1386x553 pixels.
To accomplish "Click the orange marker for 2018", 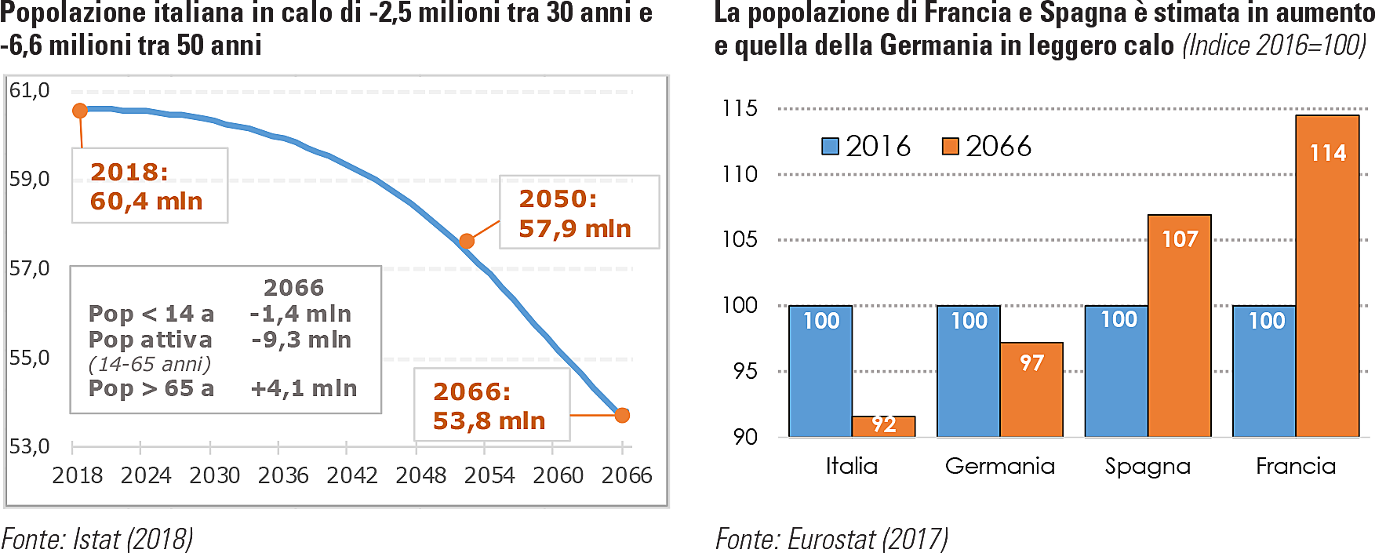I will click(80, 111).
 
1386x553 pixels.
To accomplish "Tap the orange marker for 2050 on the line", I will click(467, 241).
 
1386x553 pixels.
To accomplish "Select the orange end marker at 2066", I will click(622, 415).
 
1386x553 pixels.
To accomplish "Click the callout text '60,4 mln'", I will click(147, 202).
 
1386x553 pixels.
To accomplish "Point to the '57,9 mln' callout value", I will click(575, 229).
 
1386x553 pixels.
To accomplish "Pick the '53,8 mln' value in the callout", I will click(489, 421).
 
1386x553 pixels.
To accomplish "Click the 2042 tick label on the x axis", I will click(352, 475).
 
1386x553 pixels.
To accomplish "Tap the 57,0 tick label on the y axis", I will click(29, 269).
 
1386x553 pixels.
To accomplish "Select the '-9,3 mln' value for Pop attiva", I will click(301, 340).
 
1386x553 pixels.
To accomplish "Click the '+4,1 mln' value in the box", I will click(304, 388).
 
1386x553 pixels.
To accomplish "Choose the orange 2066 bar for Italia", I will click(884, 426).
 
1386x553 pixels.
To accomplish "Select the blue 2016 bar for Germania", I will click(969, 371).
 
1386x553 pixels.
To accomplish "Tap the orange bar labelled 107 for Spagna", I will click(1180, 326).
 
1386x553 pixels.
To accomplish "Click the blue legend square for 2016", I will click(830, 147).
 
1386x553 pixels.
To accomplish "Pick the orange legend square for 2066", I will click(950, 147).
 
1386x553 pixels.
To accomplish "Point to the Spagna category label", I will click(1148, 466).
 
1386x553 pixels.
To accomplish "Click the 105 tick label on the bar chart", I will click(740, 239).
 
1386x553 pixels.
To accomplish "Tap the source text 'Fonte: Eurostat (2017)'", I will click(831, 539).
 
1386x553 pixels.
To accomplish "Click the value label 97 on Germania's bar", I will click(1031, 362).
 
